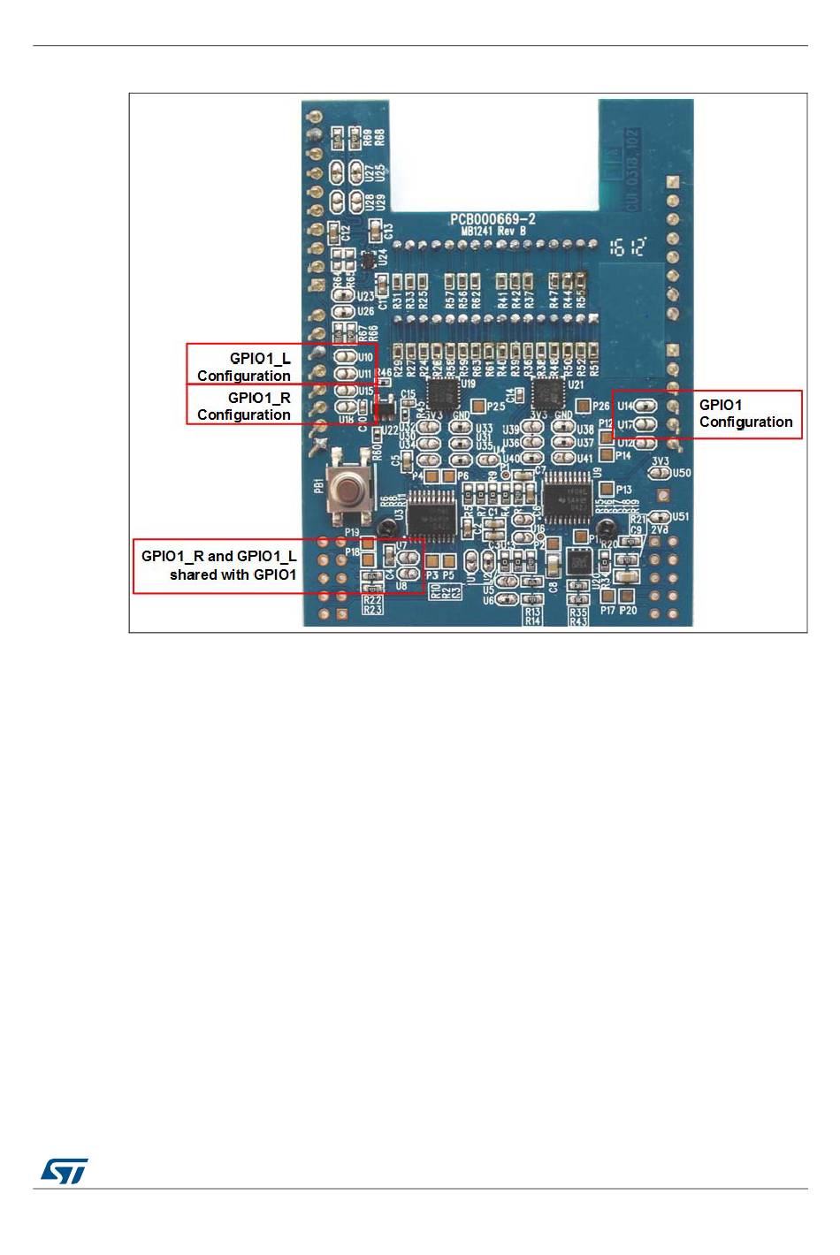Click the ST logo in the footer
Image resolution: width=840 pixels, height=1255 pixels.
(64, 1171)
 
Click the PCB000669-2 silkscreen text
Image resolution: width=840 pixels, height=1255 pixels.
(493, 219)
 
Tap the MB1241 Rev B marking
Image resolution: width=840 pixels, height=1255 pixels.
(493, 231)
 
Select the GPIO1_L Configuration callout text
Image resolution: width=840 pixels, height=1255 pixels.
(244, 367)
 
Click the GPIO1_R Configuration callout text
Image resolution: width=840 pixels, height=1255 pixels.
(244, 407)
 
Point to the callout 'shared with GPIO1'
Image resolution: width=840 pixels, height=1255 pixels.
(233, 574)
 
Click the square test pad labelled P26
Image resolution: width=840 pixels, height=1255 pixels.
(584, 406)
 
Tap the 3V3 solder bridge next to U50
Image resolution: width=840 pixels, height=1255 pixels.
(660, 473)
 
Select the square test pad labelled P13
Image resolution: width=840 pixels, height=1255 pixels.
(607, 489)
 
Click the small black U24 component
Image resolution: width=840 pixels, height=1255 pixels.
(368, 261)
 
